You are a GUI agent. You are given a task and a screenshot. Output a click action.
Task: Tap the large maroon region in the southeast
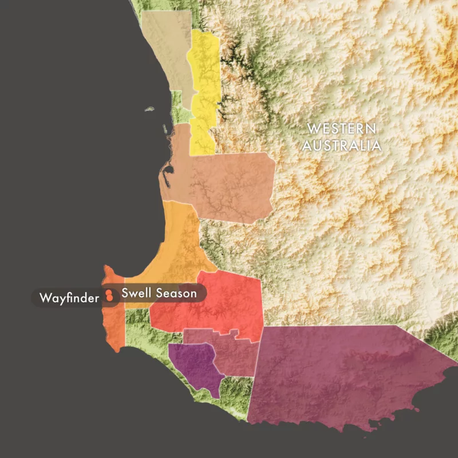click(x=343, y=372)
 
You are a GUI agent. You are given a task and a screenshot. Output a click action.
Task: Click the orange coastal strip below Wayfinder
click(x=114, y=329)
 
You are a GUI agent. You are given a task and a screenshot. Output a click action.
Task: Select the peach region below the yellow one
click(x=229, y=183)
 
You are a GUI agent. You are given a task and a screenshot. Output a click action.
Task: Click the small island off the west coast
click(x=149, y=109)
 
